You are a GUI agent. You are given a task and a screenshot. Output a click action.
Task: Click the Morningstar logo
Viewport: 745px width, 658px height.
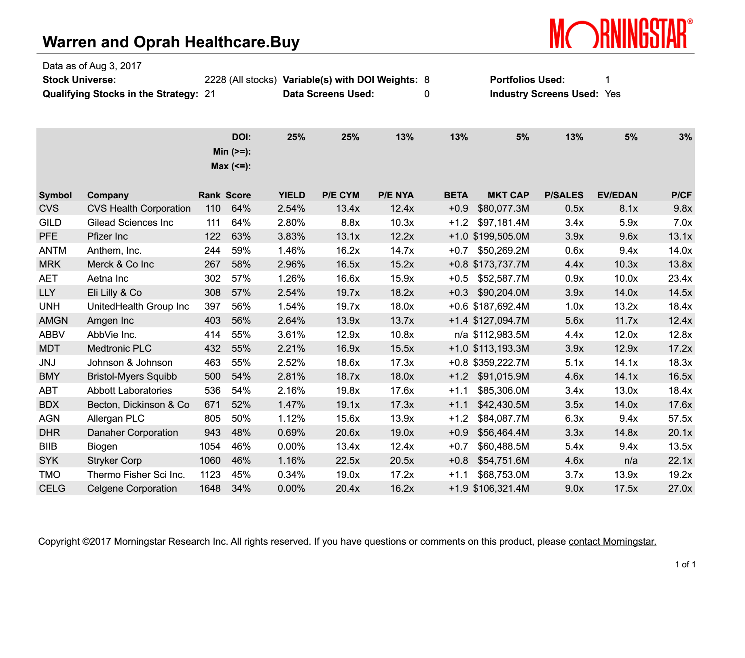click(x=621, y=33)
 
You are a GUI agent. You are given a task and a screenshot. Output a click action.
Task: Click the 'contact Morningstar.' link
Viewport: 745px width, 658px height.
click(x=612, y=541)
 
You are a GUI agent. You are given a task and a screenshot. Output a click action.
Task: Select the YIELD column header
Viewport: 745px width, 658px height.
click(x=292, y=195)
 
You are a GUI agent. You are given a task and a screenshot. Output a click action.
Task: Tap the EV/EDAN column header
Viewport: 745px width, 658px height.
click(x=617, y=195)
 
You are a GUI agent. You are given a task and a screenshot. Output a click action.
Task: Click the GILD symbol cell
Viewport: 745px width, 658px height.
click(x=50, y=223)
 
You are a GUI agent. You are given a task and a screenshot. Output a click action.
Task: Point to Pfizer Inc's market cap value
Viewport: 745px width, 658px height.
click(x=501, y=236)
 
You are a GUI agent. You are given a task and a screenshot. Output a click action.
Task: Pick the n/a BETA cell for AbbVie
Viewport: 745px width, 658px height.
click(x=461, y=335)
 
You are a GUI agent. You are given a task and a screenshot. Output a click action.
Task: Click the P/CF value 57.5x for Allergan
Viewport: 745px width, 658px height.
click(x=680, y=418)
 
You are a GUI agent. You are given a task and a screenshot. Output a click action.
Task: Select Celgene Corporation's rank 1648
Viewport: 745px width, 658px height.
click(x=210, y=488)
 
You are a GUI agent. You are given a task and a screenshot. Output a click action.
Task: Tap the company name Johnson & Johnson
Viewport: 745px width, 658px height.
click(x=130, y=363)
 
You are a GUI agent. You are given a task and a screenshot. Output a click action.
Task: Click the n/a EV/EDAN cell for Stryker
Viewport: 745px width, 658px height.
click(x=631, y=461)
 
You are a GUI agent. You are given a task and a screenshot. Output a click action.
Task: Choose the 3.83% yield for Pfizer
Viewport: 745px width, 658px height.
click(x=291, y=236)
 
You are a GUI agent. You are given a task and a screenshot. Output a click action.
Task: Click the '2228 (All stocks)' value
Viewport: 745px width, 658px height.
click(x=240, y=80)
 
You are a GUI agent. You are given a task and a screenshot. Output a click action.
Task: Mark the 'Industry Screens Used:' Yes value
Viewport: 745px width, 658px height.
click(x=612, y=94)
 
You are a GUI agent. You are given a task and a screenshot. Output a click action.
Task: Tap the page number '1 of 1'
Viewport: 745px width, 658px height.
click(x=685, y=565)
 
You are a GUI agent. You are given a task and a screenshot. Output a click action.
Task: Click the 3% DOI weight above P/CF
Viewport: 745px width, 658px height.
click(x=685, y=137)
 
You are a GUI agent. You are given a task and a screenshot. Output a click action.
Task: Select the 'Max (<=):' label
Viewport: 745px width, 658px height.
click(x=231, y=166)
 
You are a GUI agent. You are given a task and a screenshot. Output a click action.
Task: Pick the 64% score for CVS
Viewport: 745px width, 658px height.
click(x=241, y=208)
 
